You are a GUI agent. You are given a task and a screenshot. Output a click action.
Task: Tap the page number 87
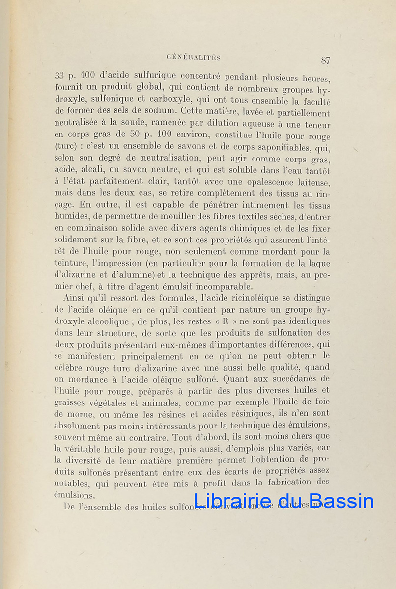point(325,61)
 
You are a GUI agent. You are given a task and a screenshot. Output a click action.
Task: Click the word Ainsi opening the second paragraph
point(74,298)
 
